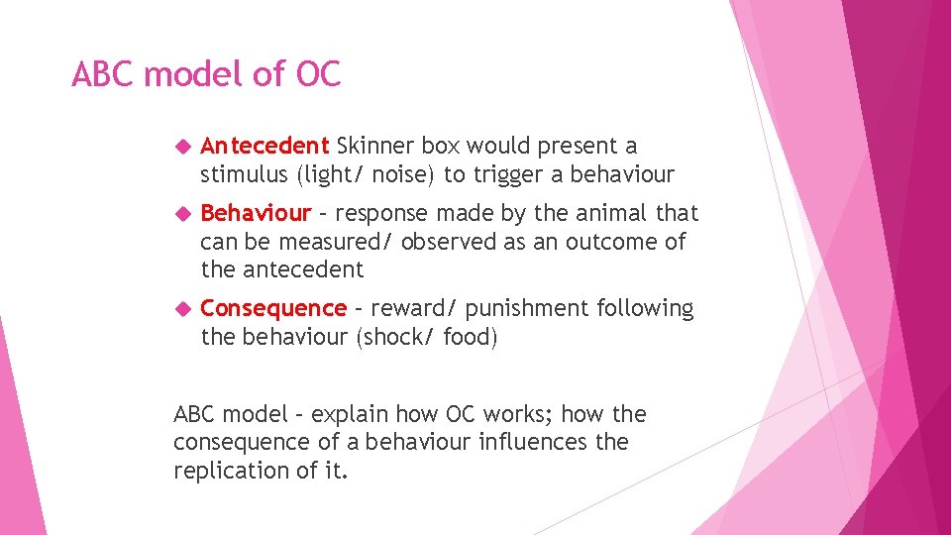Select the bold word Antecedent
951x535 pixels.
(x=264, y=147)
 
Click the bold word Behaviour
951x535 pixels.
(x=256, y=213)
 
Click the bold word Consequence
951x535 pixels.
(x=273, y=308)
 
